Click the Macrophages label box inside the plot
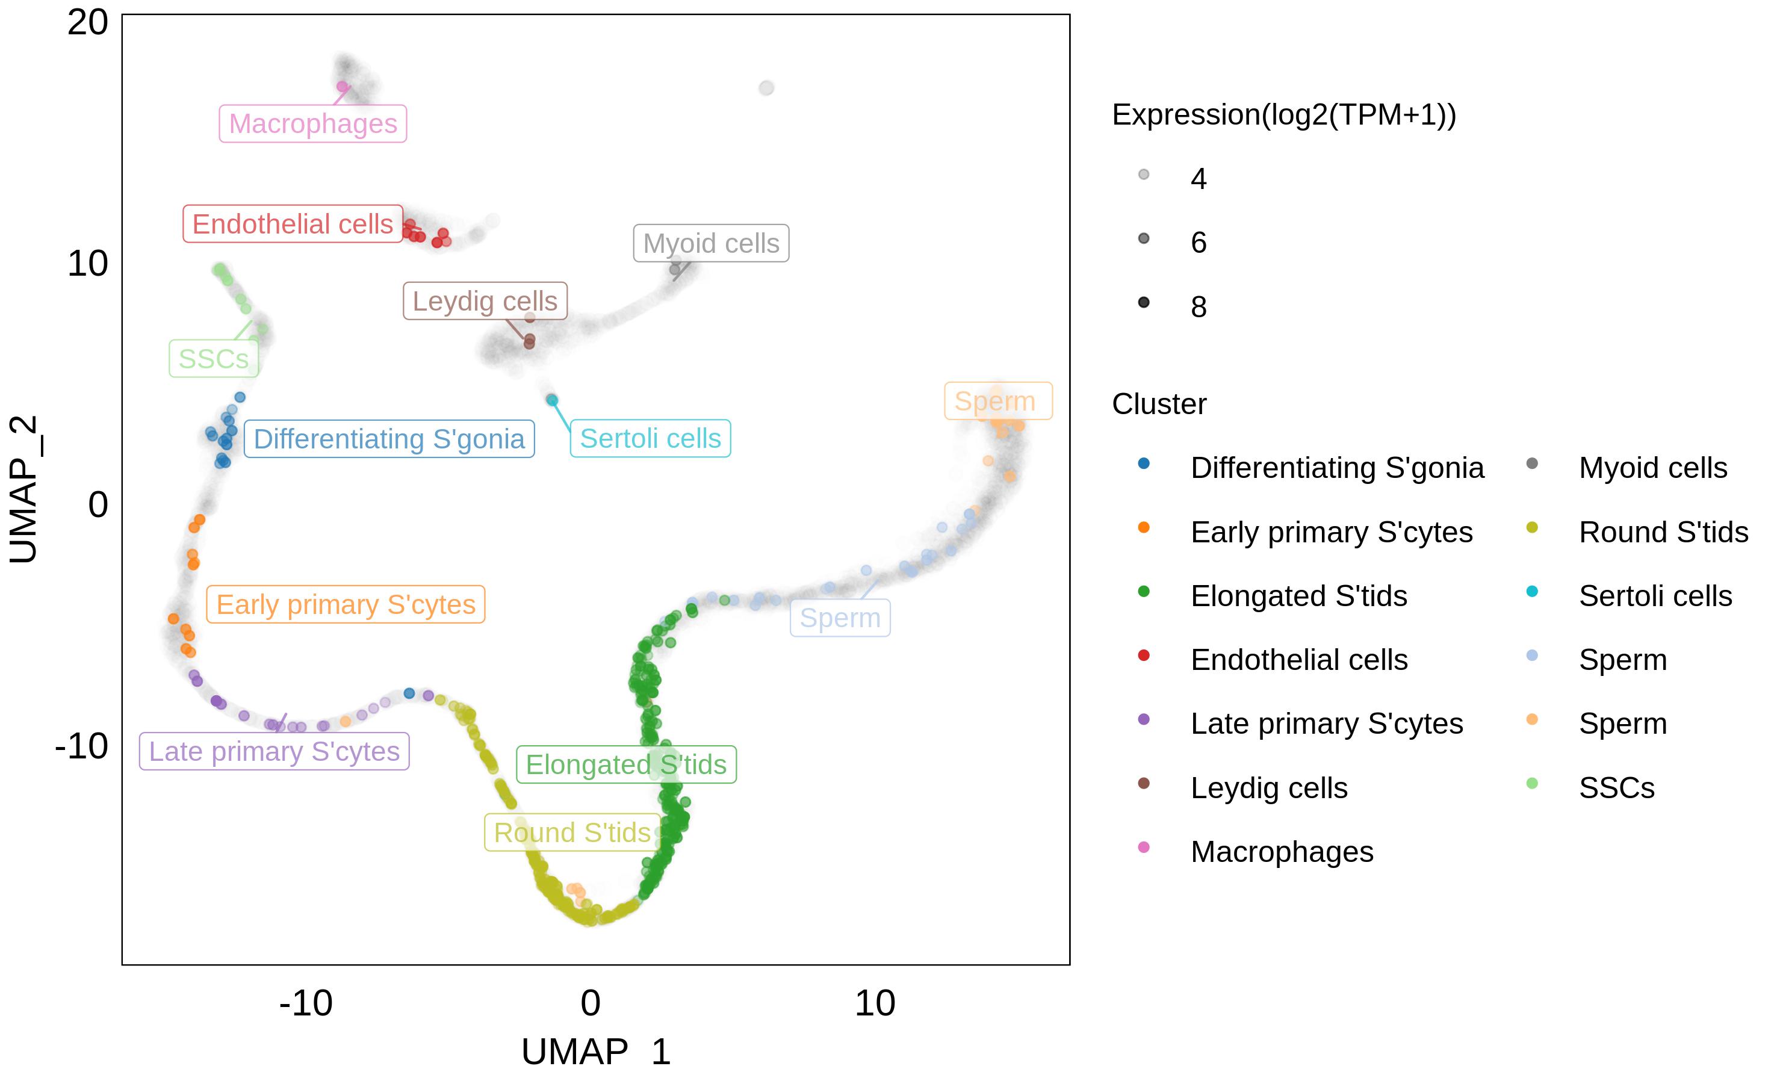point(312,123)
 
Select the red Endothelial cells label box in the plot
point(293,224)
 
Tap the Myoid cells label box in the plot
point(710,244)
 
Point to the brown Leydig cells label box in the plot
point(485,301)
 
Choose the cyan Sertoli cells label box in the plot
point(650,438)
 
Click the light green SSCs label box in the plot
point(213,359)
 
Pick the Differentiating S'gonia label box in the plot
point(389,439)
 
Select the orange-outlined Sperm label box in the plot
point(997,401)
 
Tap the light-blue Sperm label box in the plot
point(840,618)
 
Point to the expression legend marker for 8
point(1144,302)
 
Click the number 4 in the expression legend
point(1198,179)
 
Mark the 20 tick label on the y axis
point(88,22)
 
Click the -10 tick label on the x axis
point(306,1003)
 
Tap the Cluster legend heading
point(1159,404)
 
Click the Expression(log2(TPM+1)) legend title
point(1283,115)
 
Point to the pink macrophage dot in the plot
point(343,87)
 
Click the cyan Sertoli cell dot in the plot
point(551,400)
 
